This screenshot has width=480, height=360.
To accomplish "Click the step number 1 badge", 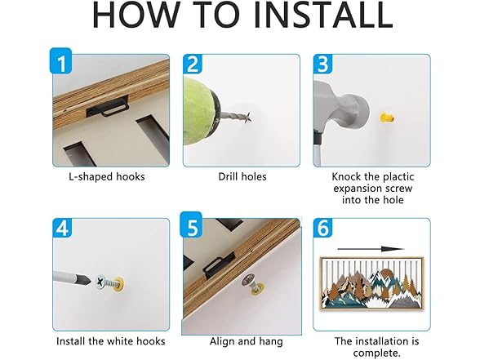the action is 61,60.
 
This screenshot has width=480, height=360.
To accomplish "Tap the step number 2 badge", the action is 193,64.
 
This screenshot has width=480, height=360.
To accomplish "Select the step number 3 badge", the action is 322,64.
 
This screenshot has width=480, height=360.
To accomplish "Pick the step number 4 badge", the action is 62,228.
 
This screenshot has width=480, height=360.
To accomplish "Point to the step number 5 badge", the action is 191,224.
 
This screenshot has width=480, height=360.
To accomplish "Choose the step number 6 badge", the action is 322,228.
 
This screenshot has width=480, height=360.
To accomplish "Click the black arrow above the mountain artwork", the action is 371,249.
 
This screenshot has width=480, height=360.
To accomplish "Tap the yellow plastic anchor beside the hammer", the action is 387,118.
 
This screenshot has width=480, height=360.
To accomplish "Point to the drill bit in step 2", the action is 236,118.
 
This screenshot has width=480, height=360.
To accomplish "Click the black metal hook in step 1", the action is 107,107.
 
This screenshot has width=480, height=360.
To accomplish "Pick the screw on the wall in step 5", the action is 251,282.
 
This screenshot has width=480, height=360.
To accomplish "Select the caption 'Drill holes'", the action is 242,176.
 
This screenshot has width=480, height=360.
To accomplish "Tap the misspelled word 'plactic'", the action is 394,177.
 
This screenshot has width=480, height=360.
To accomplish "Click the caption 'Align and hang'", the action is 247,341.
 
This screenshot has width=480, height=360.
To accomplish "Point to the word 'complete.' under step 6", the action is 377,353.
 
